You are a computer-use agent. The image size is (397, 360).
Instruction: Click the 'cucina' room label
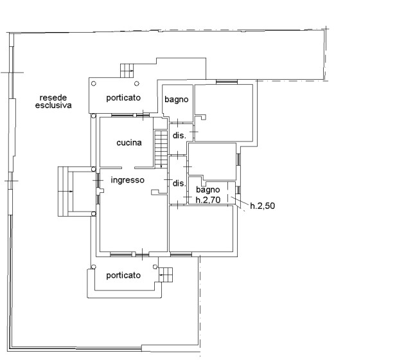point(129,143)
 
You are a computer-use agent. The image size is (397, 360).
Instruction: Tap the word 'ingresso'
point(128,180)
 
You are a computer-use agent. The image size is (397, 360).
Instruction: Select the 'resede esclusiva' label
point(53,102)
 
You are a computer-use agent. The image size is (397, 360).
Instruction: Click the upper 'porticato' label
point(123,98)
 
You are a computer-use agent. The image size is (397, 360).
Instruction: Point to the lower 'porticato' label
point(123,275)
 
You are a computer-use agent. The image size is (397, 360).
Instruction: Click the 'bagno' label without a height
point(177,99)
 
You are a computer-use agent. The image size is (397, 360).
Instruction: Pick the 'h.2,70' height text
point(208,200)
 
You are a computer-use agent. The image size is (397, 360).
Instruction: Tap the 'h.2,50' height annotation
point(262,206)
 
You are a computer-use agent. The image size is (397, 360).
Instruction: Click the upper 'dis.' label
point(179,136)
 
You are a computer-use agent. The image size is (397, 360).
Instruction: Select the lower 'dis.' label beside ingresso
point(179,183)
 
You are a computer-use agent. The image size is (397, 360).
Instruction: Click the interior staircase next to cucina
point(161,149)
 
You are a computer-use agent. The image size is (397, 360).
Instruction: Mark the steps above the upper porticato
point(127,71)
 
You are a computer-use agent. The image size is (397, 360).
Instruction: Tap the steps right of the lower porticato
point(166,275)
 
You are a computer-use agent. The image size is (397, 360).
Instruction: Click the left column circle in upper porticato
point(94,84)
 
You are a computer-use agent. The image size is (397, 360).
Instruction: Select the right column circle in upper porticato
point(137,84)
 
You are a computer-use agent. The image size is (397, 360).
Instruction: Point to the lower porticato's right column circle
point(155,267)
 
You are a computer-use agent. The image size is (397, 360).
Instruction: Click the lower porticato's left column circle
point(94,267)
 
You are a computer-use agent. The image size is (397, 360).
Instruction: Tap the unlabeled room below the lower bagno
point(201,228)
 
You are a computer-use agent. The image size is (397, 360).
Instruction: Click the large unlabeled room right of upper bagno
point(224,113)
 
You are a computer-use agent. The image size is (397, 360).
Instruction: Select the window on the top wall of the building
point(227,82)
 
